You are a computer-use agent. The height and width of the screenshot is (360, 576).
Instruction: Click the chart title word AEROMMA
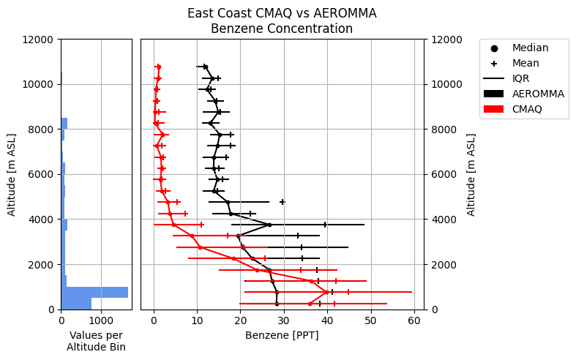click(346, 13)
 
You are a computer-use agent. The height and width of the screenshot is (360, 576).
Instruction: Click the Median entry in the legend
click(530, 48)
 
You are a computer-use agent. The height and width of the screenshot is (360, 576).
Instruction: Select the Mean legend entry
click(525, 63)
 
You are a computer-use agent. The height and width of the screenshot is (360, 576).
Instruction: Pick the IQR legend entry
click(520, 78)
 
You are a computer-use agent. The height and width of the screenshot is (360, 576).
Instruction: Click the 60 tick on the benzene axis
click(414, 320)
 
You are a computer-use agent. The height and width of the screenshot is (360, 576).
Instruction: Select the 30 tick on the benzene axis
click(284, 320)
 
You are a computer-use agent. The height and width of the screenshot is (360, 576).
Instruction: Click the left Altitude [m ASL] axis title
click(12, 174)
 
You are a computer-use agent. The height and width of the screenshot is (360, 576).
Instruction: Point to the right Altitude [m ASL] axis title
click(471, 174)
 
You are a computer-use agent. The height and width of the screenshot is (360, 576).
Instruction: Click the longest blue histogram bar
click(94, 292)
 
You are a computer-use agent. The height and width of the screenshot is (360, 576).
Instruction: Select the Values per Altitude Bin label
click(96, 340)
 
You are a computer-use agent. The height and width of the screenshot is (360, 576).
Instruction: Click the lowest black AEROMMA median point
click(277, 304)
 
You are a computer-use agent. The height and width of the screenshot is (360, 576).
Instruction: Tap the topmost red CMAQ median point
click(158, 67)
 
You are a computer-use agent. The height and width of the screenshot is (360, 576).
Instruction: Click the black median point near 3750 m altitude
click(269, 225)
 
